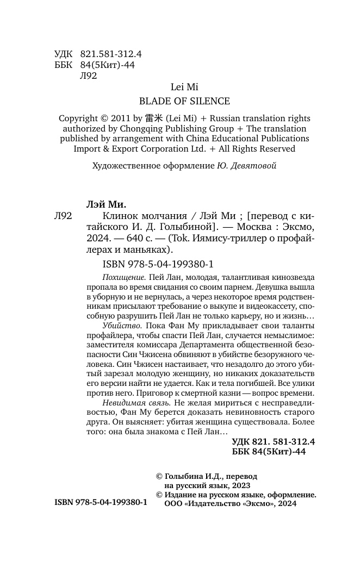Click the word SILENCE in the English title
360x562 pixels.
pyautogui.click(x=209, y=101)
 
